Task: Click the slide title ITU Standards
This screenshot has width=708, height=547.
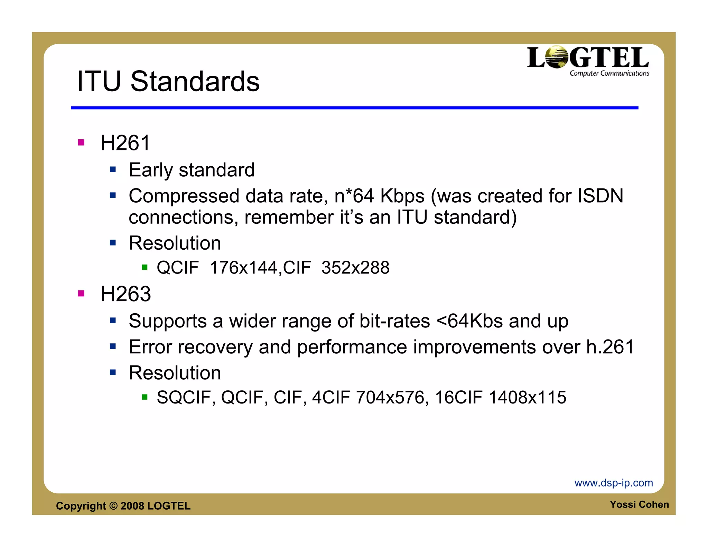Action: [x=168, y=81]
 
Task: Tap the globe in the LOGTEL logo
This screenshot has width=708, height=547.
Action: [x=557, y=57]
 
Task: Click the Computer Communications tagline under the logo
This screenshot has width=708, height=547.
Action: [x=609, y=73]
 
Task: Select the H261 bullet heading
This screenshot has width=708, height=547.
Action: [x=125, y=143]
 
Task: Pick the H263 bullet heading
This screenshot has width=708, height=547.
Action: [x=126, y=294]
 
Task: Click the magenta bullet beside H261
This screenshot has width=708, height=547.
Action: [x=81, y=142]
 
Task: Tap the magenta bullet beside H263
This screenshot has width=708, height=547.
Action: [x=81, y=294]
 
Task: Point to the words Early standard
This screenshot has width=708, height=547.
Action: [x=192, y=170]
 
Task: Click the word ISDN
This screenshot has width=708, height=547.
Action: [x=600, y=196]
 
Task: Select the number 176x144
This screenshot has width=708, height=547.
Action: [x=243, y=268]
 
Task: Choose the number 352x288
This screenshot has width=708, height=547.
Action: [x=355, y=268]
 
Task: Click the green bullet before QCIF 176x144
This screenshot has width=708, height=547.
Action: [x=145, y=267]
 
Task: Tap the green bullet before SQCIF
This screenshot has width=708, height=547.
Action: [x=145, y=397]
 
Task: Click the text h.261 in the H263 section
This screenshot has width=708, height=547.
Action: [x=610, y=347]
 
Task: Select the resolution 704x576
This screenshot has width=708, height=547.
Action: [x=390, y=397]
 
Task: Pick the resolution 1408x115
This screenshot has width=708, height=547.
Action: [x=527, y=397]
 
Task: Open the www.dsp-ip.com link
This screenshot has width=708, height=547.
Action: [x=614, y=483]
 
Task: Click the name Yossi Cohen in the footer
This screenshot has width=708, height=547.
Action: [x=639, y=504]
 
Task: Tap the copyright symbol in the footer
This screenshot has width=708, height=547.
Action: [x=113, y=506]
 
